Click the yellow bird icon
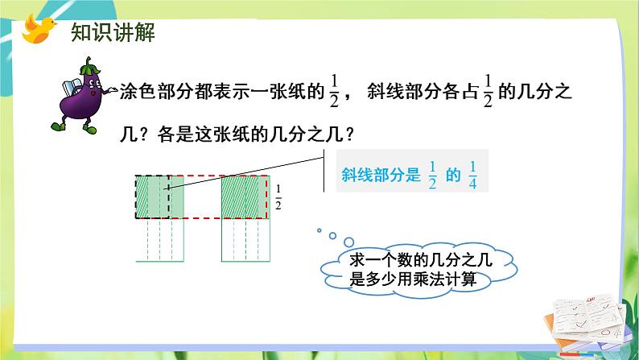[37, 29]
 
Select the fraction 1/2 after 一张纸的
[334, 96]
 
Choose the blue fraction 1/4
[472, 174]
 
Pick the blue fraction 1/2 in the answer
[432, 174]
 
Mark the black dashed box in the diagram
[152, 197]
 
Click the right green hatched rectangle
[244, 197]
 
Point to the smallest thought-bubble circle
[319, 231]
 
